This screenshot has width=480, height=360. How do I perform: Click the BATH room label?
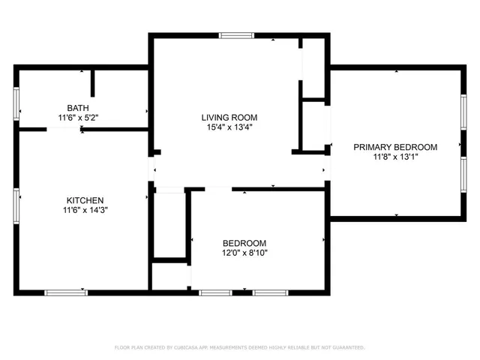coord(77,108)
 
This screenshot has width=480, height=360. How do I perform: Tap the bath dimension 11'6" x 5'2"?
coord(78,118)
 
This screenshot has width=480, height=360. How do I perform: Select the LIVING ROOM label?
coord(229,117)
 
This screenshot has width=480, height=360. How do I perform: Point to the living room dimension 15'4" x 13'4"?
coord(229,127)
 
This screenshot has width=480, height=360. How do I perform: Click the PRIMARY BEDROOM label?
coord(395,147)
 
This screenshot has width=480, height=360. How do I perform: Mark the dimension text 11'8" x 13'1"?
coord(395,157)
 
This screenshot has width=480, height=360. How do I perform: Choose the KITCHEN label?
coord(85,200)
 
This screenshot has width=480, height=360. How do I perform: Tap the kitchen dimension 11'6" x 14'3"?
coord(85,210)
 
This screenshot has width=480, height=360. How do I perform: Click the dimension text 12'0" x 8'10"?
coord(244,253)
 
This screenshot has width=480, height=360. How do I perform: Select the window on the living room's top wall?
coord(236,35)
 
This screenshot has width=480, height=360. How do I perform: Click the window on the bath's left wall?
coord(16,103)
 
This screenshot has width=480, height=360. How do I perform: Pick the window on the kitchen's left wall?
coord(16,205)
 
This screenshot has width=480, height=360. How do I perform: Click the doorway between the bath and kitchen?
coord(64,129)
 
